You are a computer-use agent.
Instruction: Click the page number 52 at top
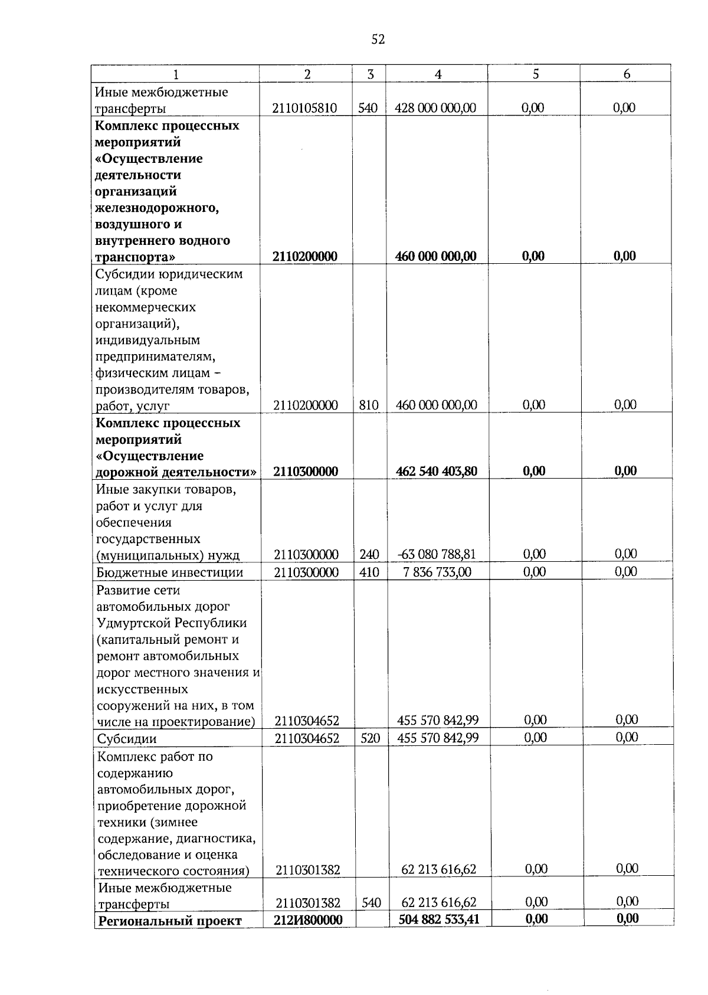click(378, 40)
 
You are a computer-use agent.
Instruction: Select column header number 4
click(437, 74)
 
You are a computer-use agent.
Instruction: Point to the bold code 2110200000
click(305, 256)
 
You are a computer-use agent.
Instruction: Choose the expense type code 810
click(369, 405)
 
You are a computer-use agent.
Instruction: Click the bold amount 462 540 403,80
click(437, 471)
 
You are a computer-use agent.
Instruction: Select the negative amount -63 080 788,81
click(437, 554)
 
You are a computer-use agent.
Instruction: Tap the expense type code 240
click(369, 554)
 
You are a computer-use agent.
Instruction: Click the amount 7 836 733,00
click(437, 571)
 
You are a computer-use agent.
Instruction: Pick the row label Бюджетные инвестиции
click(170, 572)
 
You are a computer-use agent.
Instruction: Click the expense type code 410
click(369, 572)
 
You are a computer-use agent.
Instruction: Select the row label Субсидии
click(127, 738)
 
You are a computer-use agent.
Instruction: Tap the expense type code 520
click(370, 738)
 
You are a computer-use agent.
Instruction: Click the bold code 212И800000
click(308, 919)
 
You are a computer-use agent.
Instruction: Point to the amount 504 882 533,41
click(439, 918)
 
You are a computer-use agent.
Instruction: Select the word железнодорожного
click(157, 208)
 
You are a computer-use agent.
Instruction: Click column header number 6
click(627, 74)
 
